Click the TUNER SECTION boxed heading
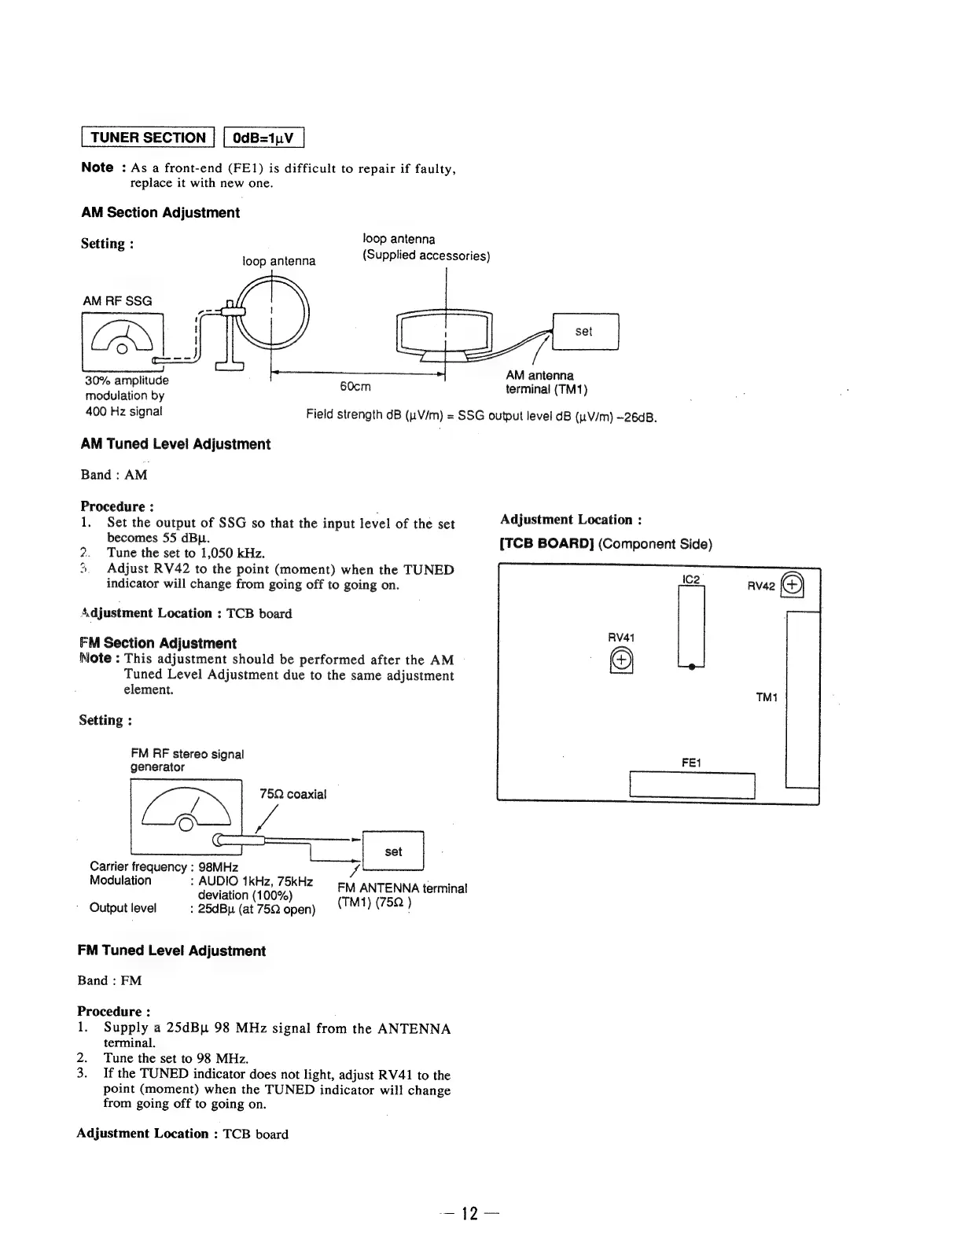click(x=149, y=138)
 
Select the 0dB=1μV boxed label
click(x=263, y=138)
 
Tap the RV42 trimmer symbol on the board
click(x=793, y=584)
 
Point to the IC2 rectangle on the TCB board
click(x=691, y=627)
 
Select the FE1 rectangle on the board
click(x=692, y=785)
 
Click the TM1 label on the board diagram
click(x=767, y=697)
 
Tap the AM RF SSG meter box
click(x=122, y=340)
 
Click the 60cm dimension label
click(x=355, y=386)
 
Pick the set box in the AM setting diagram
click(x=586, y=331)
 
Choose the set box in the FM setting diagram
click(x=393, y=851)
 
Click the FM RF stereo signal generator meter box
click(x=187, y=815)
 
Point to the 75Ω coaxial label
click(x=292, y=794)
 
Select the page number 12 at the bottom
click(x=470, y=1213)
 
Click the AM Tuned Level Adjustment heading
click(x=175, y=444)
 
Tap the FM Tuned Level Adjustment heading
click(x=171, y=950)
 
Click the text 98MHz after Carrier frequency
click(x=219, y=866)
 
